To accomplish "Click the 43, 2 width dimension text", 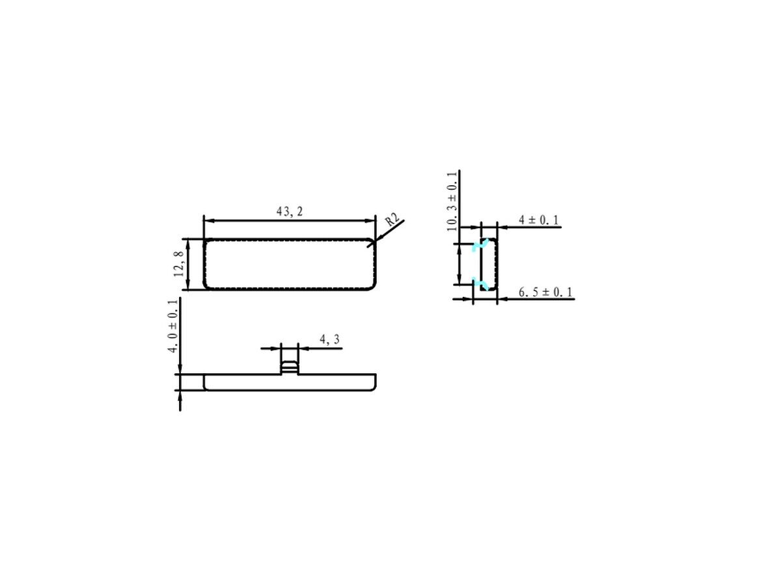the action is [x=289, y=211].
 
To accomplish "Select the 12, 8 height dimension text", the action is [x=178, y=263].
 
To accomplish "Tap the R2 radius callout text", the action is [x=393, y=220].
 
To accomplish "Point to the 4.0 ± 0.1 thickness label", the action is [x=172, y=326].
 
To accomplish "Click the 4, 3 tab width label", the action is [x=329, y=339].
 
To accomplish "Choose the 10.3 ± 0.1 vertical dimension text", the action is [x=452, y=201].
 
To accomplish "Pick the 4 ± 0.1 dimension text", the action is [x=539, y=220].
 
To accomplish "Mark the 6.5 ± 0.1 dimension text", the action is [x=545, y=292].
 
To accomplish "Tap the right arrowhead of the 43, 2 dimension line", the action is [x=370, y=221].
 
